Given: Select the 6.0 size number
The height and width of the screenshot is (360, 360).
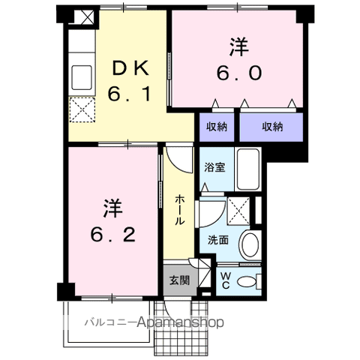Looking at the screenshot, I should pyautogui.click(x=240, y=73).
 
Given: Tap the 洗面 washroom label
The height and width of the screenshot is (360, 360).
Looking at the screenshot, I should pyautogui.click(x=217, y=240).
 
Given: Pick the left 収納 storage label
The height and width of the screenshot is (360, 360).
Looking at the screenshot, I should pyautogui.click(x=217, y=127).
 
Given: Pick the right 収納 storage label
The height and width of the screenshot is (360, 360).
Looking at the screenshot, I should pyautogui.click(x=272, y=127).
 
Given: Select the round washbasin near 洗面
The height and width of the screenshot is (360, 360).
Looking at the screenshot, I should pyautogui.click(x=250, y=244).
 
